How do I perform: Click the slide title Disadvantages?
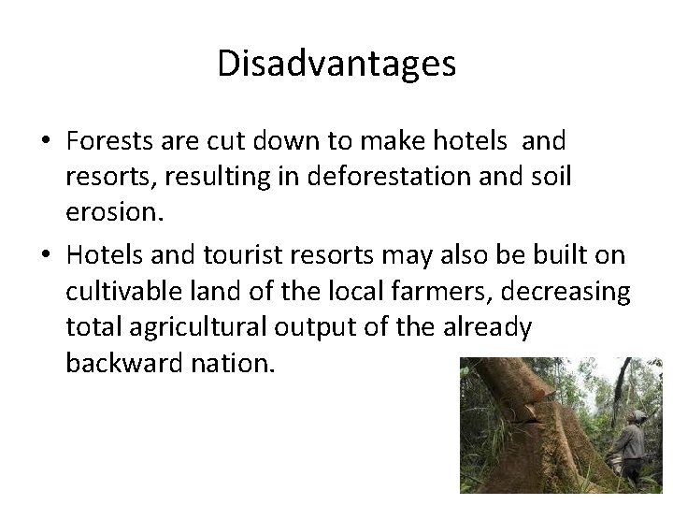[336, 64]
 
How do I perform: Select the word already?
[486, 328]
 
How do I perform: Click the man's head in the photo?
[638, 416]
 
